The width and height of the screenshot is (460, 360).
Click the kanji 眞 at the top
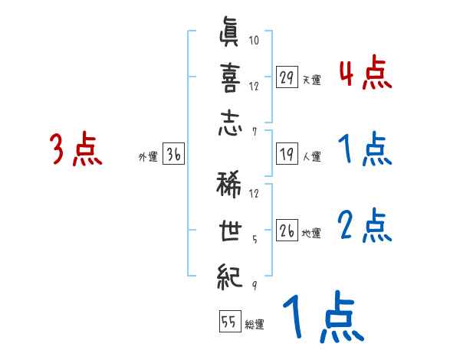point(230,36)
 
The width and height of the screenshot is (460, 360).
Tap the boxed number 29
point(287,77)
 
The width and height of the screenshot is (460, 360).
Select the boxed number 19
point(287,154)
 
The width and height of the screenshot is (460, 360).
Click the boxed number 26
point(287,231)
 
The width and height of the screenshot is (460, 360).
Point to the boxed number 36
point(173,154)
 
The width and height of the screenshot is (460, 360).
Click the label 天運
point(311,80)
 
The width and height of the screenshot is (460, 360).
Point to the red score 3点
point(76,149)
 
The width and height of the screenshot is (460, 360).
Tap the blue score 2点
point(364,226)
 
